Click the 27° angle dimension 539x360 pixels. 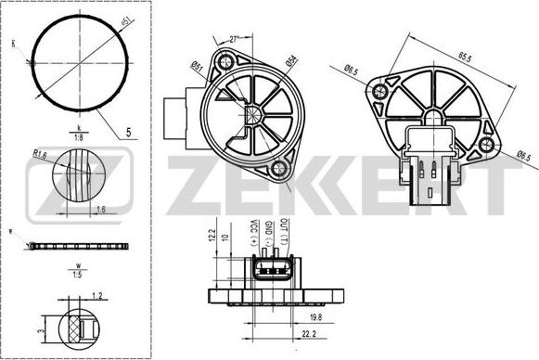(235, 39)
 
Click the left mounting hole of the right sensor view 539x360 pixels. (379, 93)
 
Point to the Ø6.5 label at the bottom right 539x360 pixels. (523, 155)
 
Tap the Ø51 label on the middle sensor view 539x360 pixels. (198, 64)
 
